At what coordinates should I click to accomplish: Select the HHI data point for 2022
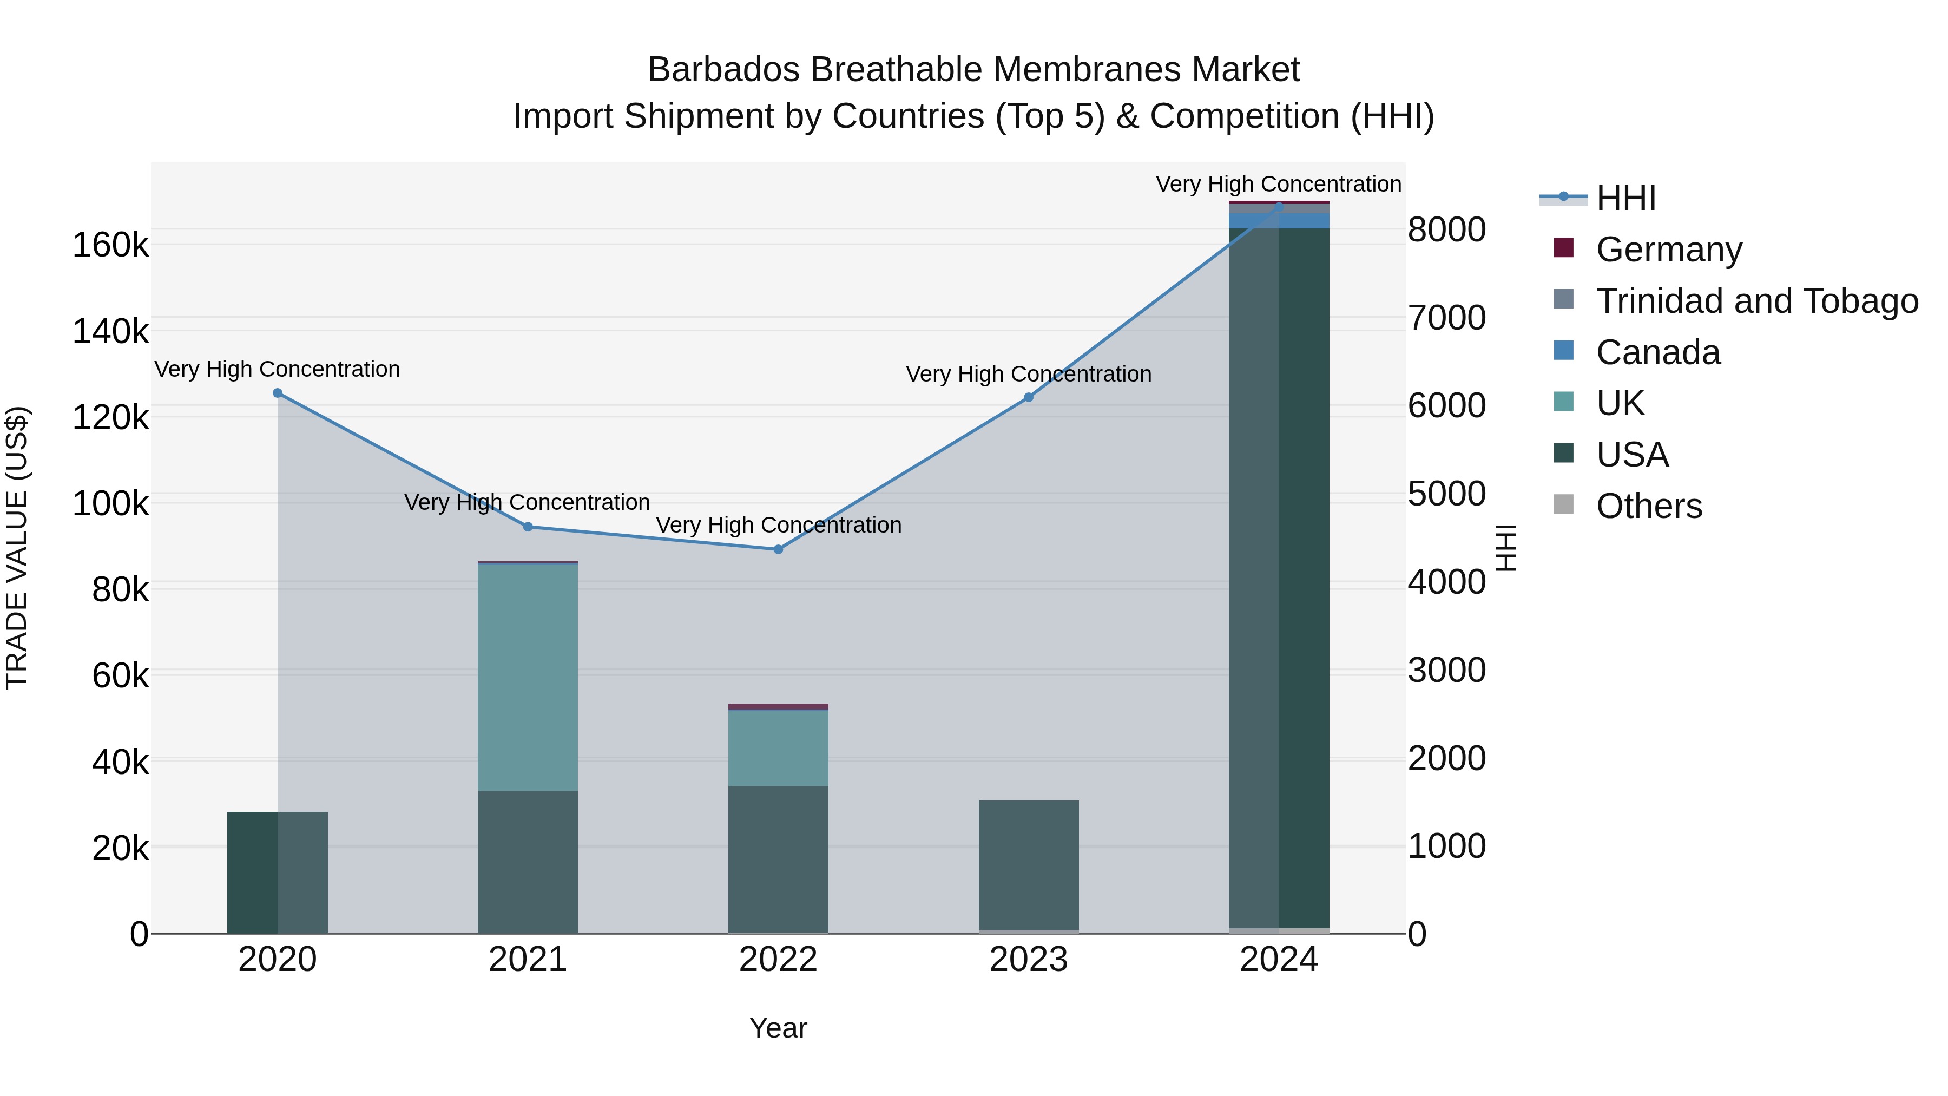[x=778, y=549]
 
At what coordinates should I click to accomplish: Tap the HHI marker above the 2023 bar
[x=1029, y=397]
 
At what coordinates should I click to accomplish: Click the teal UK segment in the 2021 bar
[x=528, y=677]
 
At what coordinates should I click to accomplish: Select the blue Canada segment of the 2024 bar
[x=1279, y=220]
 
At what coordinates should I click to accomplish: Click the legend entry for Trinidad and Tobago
[x=1756, y=301]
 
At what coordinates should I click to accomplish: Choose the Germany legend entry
[x=1668, y=250]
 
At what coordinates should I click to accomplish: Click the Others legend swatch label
[x=1649, y=506]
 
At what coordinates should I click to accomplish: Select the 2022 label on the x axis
[x=778, y=960]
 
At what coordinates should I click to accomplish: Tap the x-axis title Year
[x=778, y=1028]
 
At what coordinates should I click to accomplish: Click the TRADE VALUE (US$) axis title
[x=17, y=548]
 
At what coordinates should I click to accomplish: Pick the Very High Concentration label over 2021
[x=527, y=502]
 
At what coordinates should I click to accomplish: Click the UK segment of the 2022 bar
[x=778, y=747]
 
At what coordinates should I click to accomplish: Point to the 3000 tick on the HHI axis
[x=1446, y=670]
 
